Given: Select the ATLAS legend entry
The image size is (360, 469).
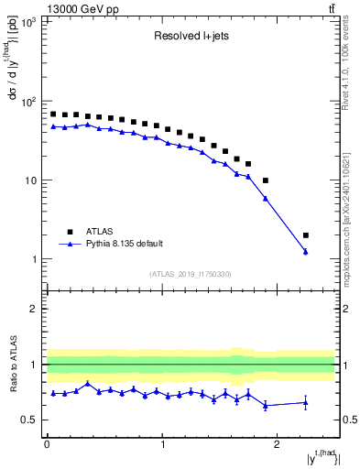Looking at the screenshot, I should coord(101,232).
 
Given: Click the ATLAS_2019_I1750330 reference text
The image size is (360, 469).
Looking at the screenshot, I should coord(191,274).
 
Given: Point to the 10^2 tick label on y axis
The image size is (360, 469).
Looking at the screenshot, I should coord(27,102).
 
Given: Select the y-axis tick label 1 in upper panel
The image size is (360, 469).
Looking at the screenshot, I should coord(34,259).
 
